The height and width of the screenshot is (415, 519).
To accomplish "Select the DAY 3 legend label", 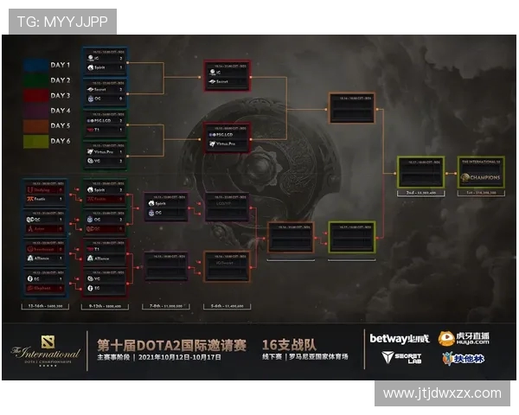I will [61, 95].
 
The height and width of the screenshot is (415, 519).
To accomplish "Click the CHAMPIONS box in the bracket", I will [481, 172].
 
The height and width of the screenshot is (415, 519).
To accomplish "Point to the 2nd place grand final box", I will [420, 172].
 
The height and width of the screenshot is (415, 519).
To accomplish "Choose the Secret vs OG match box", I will [105, 93].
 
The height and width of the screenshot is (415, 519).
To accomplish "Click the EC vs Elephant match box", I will [44, 284].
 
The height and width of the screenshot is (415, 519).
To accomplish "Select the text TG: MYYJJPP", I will [60, 22].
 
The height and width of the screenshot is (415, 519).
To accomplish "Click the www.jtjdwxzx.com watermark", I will [442, 393].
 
